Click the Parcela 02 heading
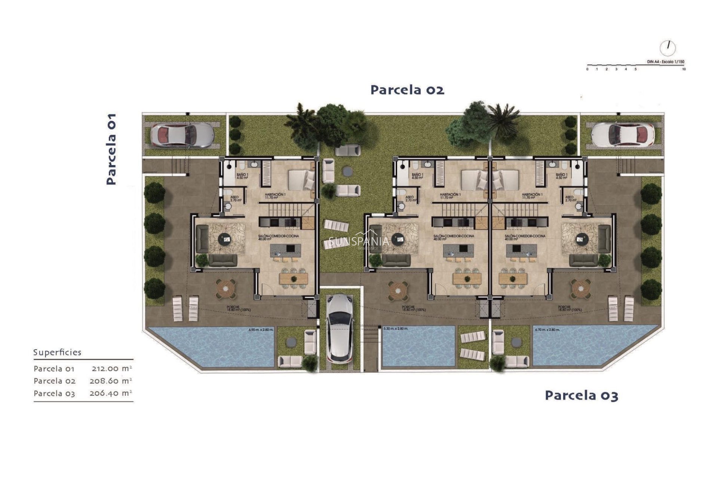(407, 90)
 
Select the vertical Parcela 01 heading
(111, 149)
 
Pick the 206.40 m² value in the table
(111, 393)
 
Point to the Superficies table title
(57, 353)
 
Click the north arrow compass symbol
(668, 48)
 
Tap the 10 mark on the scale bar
(684, 69)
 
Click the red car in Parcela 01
(182, 134)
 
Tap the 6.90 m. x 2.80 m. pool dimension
(261, 330)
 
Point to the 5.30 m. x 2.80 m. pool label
(396, 329)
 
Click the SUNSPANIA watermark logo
(359, 242)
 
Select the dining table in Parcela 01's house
(294, 278)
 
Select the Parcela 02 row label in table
(55, 381)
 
